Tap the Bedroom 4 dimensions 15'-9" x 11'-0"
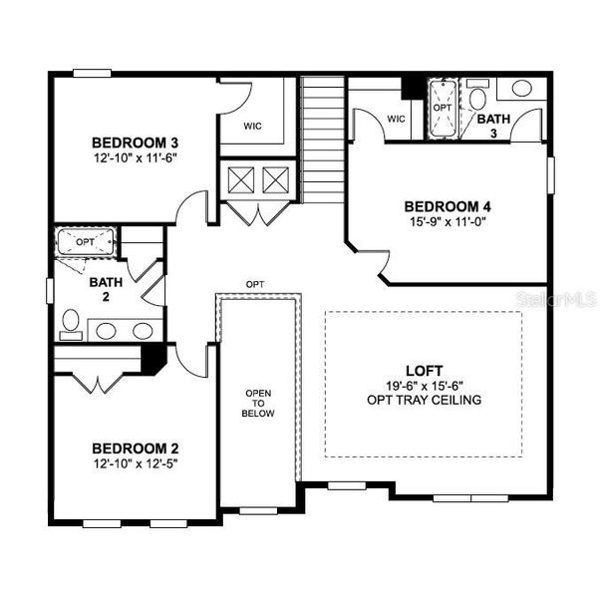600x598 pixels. [448, 223]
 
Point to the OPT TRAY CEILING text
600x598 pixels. [424, 400]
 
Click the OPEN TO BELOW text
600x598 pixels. [258, 403]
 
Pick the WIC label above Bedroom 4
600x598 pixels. [396, 119]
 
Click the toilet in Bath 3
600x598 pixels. [477, 99]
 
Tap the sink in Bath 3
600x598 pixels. [521, 89]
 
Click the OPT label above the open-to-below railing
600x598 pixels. [256, 285]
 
